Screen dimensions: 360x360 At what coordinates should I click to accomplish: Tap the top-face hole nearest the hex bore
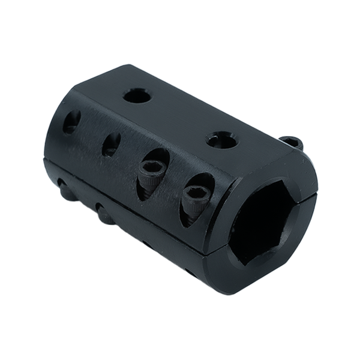pos(222,140)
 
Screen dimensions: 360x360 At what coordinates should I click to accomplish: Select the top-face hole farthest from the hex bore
pos(137,95)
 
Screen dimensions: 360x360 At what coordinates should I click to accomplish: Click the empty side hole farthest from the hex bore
pos(71,122)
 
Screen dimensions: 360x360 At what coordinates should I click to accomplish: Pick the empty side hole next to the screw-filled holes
pos(111,144)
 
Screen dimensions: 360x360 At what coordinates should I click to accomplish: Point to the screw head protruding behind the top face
pos(292,143)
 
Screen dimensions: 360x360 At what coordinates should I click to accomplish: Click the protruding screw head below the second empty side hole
pos(104,212)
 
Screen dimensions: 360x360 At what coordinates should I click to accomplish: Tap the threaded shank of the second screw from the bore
pos(146,190)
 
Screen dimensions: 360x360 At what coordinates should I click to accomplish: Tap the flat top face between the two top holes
pos(180,117)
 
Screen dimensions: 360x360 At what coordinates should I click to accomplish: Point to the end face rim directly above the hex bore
pos(282,165)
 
